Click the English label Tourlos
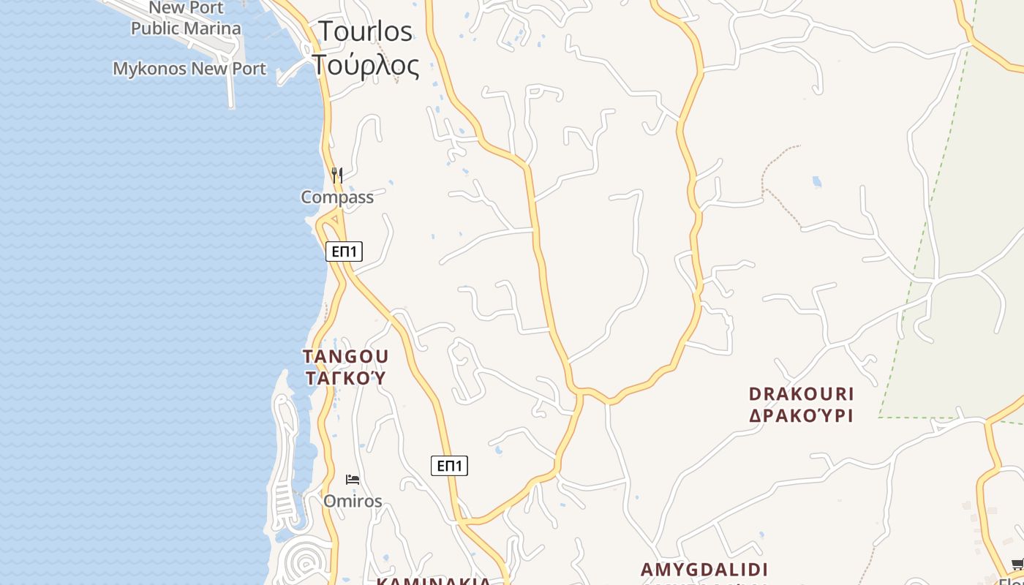pos(365,31)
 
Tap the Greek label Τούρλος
pos(366,65)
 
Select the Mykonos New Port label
pos(189,69)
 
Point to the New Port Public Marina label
pos(186,19)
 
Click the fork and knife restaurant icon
pos(336,175)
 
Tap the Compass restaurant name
pos(337,197)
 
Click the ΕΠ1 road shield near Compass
pos(344,252)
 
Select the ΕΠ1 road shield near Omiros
pos(449,466)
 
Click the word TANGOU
pos(346,356)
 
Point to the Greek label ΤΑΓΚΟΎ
pos(345,378)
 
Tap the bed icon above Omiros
pos(353,480)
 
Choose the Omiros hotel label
pos(353,502)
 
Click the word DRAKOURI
pos(801,394)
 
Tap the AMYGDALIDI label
pos(704,570)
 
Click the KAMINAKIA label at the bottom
pos(434,581)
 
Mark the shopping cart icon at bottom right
pos(1017,564)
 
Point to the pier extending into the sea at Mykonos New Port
pos(231,88)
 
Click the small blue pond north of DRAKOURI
pos(816,181)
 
